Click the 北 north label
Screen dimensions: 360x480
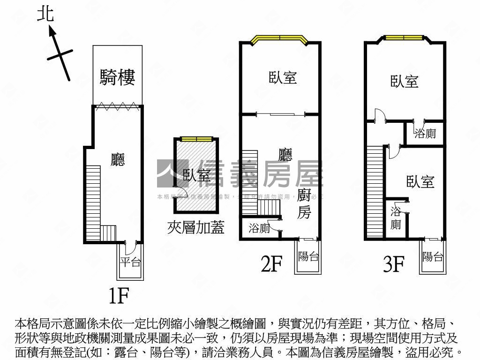45,15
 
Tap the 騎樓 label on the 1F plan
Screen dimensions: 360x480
117,77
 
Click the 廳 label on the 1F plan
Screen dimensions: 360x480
118,160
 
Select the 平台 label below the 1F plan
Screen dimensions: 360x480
130,262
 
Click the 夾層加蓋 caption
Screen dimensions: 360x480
195,227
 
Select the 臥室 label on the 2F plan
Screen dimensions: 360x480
283,77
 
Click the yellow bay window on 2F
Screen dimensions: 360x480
279,39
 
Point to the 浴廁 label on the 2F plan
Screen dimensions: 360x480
259,229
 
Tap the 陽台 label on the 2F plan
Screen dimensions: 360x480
308,256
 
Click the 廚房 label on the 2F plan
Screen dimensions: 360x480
304,204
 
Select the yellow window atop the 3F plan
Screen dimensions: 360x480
404,37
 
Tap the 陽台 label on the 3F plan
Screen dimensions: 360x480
433,256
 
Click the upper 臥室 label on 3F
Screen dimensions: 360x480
405,82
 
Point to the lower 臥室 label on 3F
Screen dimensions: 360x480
420,182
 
